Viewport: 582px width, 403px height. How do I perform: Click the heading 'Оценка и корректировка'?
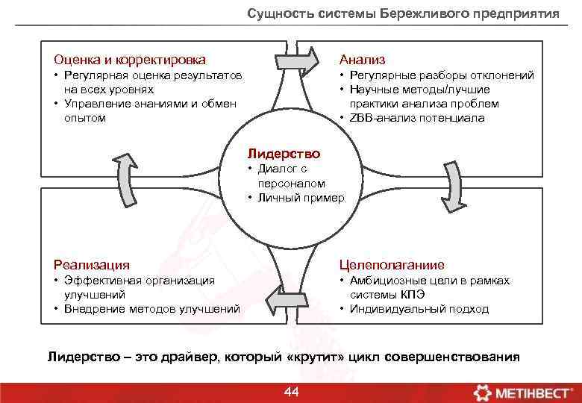[x=130, y=60]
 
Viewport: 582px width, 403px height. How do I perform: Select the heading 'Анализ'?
[x=363, y=60]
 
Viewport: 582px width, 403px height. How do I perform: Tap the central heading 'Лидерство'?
[x=284, y=154]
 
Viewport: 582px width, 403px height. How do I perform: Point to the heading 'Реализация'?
[x=92, y=265]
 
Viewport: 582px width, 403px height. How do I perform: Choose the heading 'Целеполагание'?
[x=392, y=265]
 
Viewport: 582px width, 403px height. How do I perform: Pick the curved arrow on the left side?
[x=124, y=180]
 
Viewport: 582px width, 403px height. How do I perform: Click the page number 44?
[x=292, y=392]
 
